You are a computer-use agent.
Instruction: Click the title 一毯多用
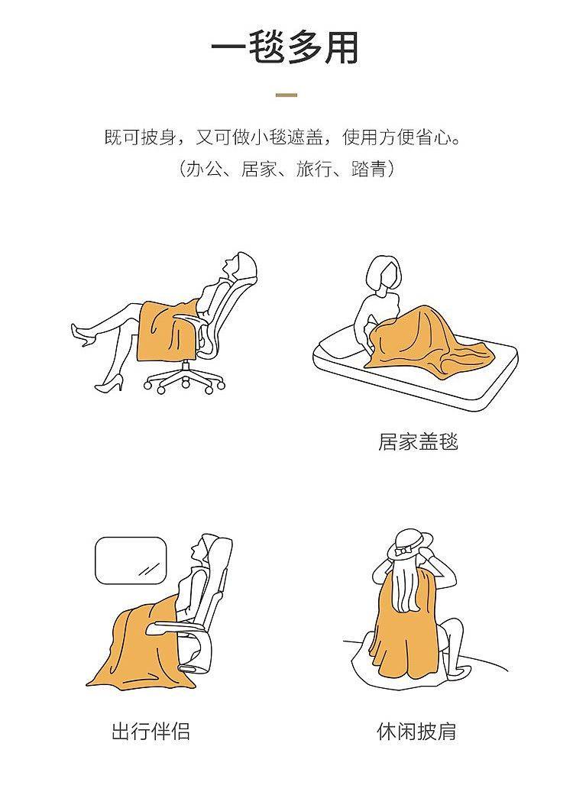285,49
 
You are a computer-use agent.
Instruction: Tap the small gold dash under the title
286,95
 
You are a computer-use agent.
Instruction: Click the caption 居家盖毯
418,442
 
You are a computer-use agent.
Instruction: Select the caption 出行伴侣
151,732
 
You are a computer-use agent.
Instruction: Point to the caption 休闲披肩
416,732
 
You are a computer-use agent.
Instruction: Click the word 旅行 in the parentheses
314,169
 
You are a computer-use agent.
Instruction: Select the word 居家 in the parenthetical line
258,169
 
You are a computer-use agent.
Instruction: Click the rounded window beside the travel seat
131,561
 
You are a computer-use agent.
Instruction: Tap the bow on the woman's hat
403,551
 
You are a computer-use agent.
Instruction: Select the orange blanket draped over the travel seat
138,647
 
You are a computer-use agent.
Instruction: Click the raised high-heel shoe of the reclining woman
83,334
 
